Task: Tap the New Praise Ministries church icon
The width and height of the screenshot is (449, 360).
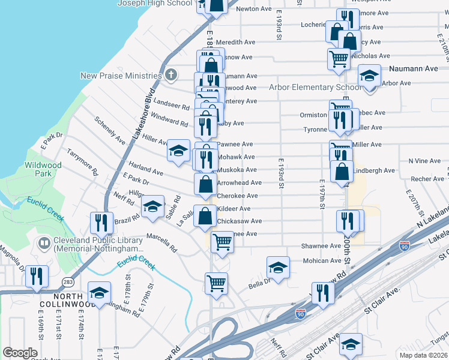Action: [171, 76]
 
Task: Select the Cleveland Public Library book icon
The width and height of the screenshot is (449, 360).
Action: [44, 243]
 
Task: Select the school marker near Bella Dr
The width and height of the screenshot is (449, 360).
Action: [278, 267]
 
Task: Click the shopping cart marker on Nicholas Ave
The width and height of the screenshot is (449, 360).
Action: [339, 59]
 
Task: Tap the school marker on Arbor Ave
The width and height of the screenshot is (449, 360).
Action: [369, 75]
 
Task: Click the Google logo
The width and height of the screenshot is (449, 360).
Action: [20, 353]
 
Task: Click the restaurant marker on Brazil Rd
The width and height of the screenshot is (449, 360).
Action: [101, 223]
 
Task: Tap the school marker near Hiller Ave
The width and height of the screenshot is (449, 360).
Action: [178, 151]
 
